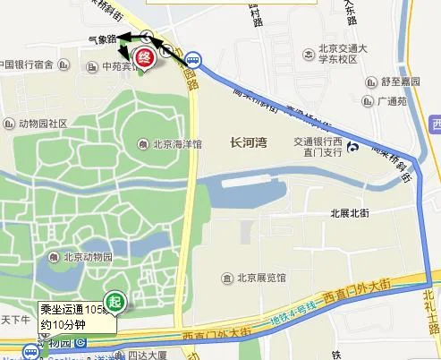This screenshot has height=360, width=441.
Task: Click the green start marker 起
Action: pos(114,301)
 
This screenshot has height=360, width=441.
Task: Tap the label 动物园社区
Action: pos(32,123)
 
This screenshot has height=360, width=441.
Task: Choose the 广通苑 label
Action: pos(393,101)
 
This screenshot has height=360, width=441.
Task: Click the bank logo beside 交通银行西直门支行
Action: pos(354,147)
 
